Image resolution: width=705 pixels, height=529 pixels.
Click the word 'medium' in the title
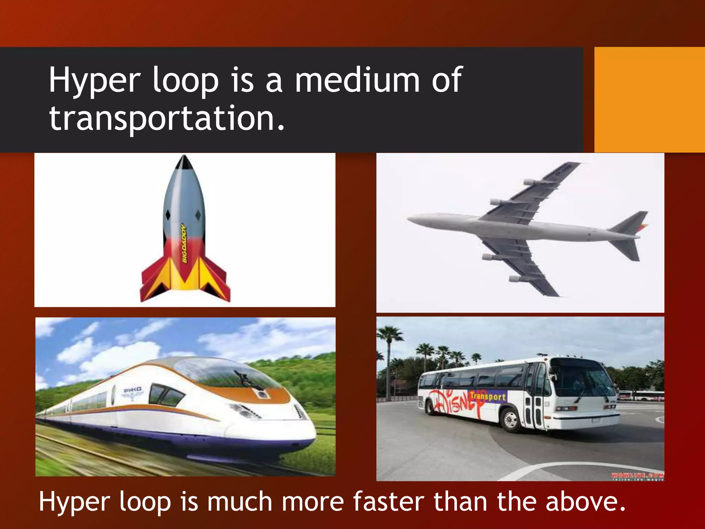pyautogui.click(x=357, y=80)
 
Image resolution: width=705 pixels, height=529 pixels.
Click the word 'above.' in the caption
pyautogui.click(x=586, y=502)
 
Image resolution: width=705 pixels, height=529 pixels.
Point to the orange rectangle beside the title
pyautogui.click(x=650, y=100)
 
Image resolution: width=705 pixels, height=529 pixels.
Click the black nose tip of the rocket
pyautogui.click(x=184, y=162)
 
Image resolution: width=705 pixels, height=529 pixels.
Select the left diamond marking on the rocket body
pyautogui.click(x=168, y=215)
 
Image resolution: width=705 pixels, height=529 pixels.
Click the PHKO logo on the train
pyautogui.click(x=133, y=390)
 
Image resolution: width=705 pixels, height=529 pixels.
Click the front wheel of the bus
pyautogui.click(x=511, y=420)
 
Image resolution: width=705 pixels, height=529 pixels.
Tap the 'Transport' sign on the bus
pyautogui.click(x=488, y=396)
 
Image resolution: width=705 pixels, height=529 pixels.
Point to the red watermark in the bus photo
pyautogui.click(x=637, y=476)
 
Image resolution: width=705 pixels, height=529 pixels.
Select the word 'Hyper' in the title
pyautogui.click(x=94, y=81)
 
